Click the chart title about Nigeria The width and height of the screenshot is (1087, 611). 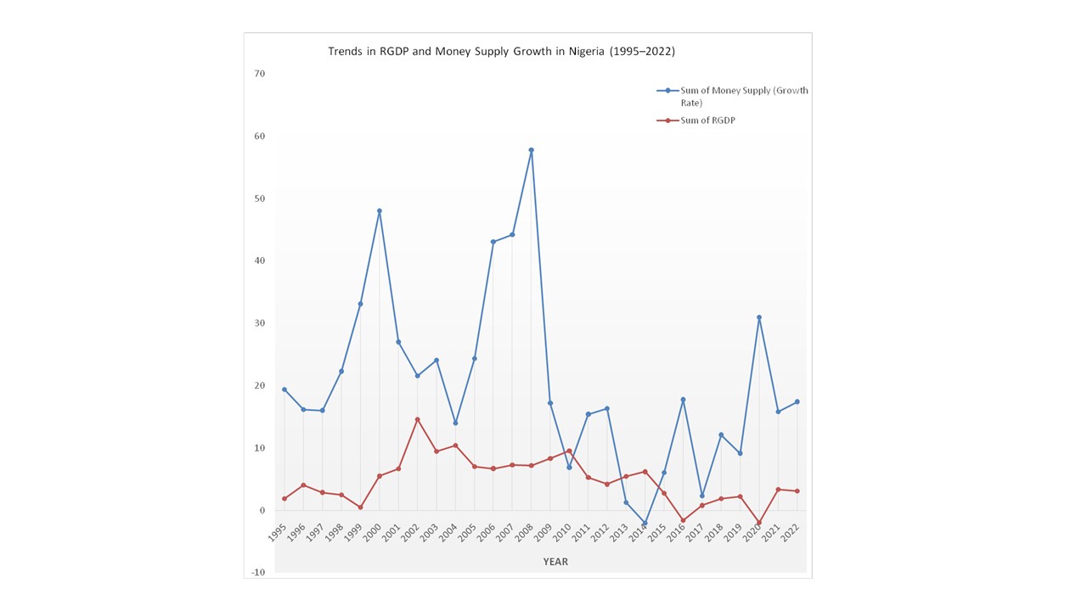[501, 51]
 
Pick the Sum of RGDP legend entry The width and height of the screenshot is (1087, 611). [707, 121]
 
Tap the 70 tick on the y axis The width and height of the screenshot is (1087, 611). [259, 74]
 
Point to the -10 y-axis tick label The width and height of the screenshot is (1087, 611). [257, 573]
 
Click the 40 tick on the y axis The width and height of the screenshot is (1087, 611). [259, 261]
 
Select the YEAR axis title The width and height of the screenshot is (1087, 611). [555, 562]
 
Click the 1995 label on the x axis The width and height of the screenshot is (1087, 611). [277, 533]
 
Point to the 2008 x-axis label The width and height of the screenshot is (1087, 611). [524, 533]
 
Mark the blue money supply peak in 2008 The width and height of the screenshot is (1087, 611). [531, 150]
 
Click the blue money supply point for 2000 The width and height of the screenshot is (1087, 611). [379, 210]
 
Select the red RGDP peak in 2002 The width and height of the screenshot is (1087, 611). [417, 419]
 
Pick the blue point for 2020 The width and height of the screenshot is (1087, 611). [759, 317]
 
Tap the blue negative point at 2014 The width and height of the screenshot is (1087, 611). [645, 524]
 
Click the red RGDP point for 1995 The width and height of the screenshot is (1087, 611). [284, 499]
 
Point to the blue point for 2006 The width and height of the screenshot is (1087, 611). [493, 242]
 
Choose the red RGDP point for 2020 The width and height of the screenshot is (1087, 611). [759, 523]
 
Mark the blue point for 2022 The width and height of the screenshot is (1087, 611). [797, 401]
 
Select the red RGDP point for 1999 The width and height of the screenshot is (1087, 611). [360, 507]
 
